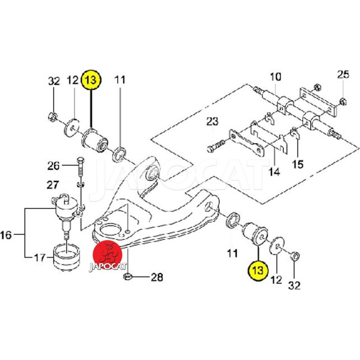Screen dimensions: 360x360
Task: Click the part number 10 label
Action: click(275, 76)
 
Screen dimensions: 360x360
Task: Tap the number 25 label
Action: click(343, 75)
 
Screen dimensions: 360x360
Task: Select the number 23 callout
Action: click(212, 121)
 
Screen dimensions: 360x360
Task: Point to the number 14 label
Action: click(274, 171)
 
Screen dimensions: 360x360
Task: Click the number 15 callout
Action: click(297, 164)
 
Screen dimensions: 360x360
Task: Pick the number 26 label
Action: click(53, 166)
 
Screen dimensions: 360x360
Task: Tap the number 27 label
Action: click(53, 184)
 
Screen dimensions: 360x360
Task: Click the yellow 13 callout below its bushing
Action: click(258, 270)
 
